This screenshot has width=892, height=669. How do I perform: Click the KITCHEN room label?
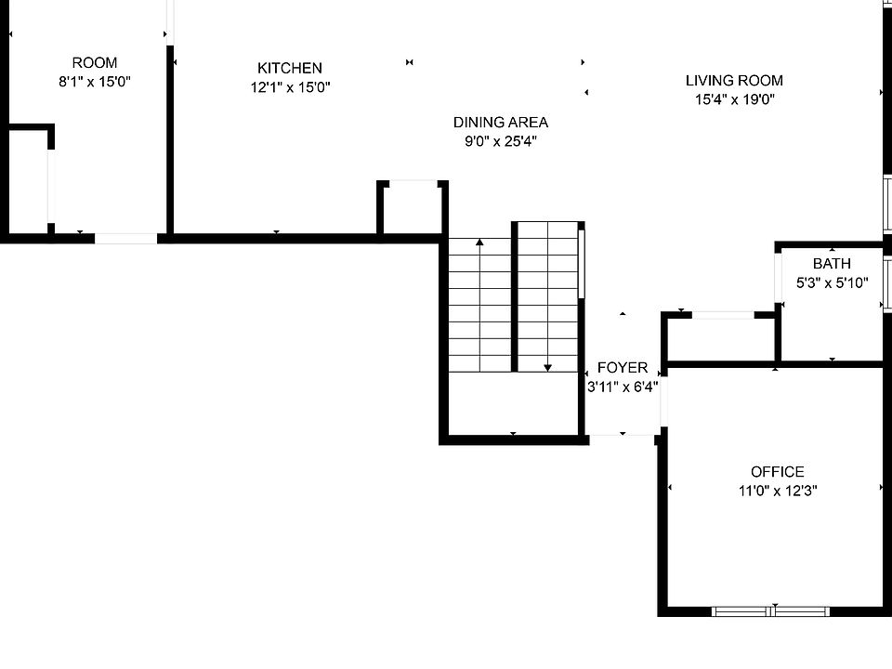(290, 68)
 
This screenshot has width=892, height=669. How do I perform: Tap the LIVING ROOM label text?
(734, 81)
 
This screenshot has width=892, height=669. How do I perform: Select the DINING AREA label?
(500, 122)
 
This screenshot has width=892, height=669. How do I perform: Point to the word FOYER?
(623, 368)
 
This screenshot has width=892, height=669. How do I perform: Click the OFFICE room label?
(777, 472)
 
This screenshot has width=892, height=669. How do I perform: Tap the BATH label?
(832, 264)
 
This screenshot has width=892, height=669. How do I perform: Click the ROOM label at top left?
(95, 62)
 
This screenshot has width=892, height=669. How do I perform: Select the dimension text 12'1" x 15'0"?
(290, 87)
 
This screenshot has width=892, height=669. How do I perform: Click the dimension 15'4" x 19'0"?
(734, 99)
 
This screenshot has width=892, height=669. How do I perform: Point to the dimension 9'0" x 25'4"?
(500, 142)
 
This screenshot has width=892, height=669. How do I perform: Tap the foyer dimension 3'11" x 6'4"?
(623, 387)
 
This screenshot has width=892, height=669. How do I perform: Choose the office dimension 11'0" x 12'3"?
(777, 491)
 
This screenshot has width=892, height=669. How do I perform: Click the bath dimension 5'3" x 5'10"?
(832, 282)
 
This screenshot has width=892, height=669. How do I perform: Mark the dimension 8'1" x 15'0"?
(95, 82)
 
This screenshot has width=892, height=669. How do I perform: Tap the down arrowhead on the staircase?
(547, 367)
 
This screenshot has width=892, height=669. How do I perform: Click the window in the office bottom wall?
(770, 611)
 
